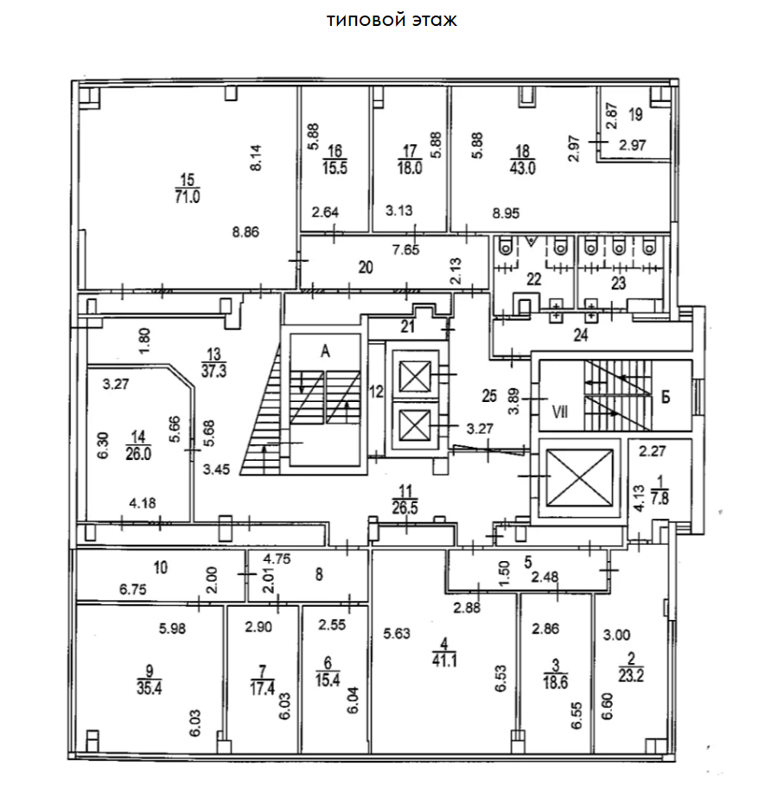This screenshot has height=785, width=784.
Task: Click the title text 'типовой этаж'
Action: (x=392, y=21)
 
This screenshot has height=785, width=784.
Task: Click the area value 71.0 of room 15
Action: (x=188, y=196)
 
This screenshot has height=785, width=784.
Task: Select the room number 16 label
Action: (x=335, y=149)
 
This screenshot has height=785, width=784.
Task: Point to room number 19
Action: (x=635, y=114)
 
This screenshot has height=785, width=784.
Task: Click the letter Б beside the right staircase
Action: (x=666, y=399)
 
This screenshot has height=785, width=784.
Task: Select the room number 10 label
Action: (x=160, y=568)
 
